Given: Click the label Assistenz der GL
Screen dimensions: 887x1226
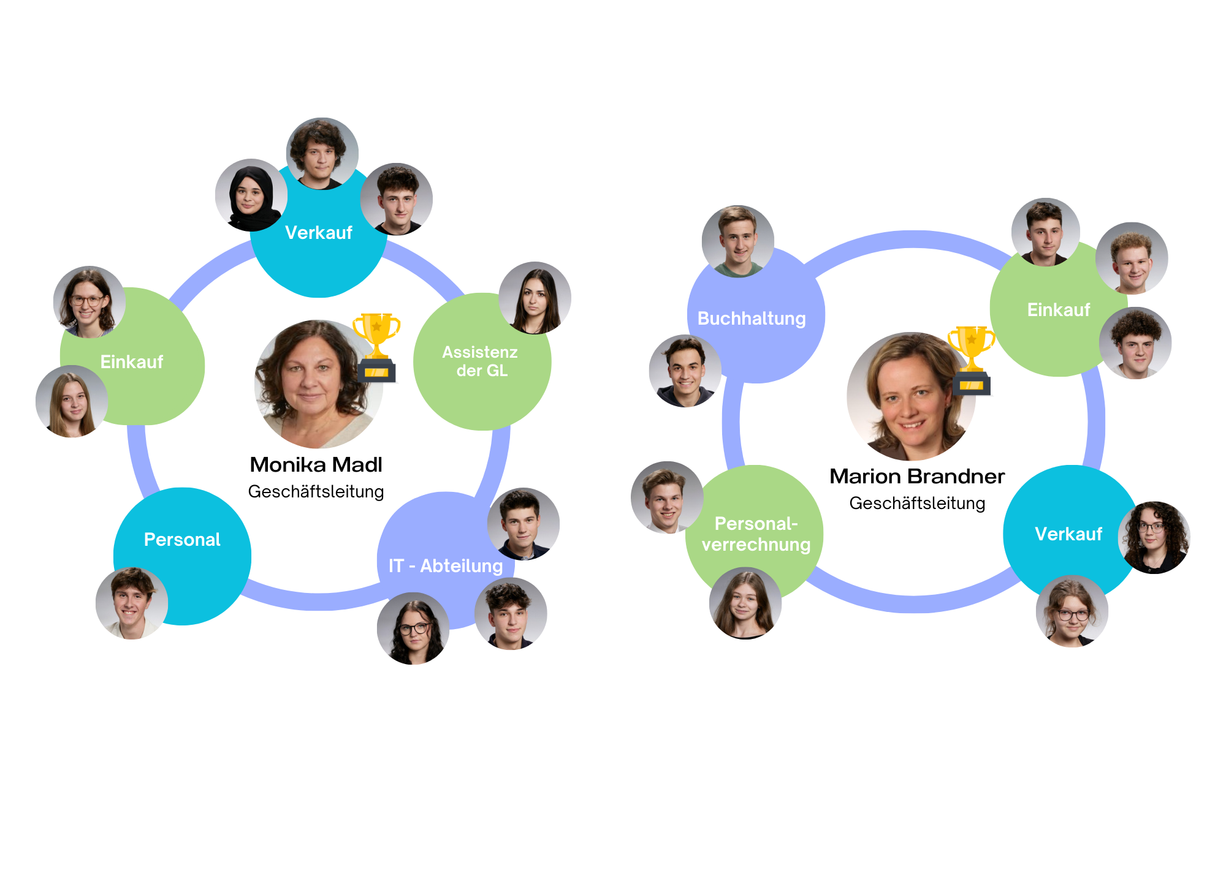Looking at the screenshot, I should [481, 361].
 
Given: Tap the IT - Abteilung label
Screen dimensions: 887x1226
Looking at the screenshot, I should [446, 566].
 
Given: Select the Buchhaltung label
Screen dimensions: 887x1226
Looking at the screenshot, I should [752, 319].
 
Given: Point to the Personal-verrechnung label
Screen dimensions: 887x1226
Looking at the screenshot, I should [756, 534].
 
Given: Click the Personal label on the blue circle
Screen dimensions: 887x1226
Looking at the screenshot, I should [182, 540].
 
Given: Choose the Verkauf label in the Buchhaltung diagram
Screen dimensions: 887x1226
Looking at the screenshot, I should [1068, 534].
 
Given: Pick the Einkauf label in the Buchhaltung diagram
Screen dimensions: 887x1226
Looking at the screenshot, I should [1058, 310].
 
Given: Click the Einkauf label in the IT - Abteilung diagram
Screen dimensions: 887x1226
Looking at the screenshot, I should [131, 362].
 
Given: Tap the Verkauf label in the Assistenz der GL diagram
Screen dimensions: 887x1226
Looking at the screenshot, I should [318, 233].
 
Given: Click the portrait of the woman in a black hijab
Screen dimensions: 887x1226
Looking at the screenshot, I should [251, 195].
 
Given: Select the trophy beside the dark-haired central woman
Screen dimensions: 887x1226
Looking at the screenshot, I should [376, 345].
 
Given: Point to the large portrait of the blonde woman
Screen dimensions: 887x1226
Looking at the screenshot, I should [911, 397].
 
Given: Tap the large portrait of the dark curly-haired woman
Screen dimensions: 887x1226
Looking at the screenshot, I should [318, 385].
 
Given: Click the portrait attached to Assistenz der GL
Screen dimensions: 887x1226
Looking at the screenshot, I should [535, 298].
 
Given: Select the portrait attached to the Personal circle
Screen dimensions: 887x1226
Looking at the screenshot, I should [131, 603].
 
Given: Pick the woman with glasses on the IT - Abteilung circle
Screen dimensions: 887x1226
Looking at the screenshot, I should [413, 628].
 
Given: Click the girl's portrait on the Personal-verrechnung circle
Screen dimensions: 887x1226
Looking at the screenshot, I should [745, 603].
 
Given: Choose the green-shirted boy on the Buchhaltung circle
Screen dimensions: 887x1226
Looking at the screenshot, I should [737, 241].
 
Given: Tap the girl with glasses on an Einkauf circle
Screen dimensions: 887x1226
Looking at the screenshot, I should [89, 302].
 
